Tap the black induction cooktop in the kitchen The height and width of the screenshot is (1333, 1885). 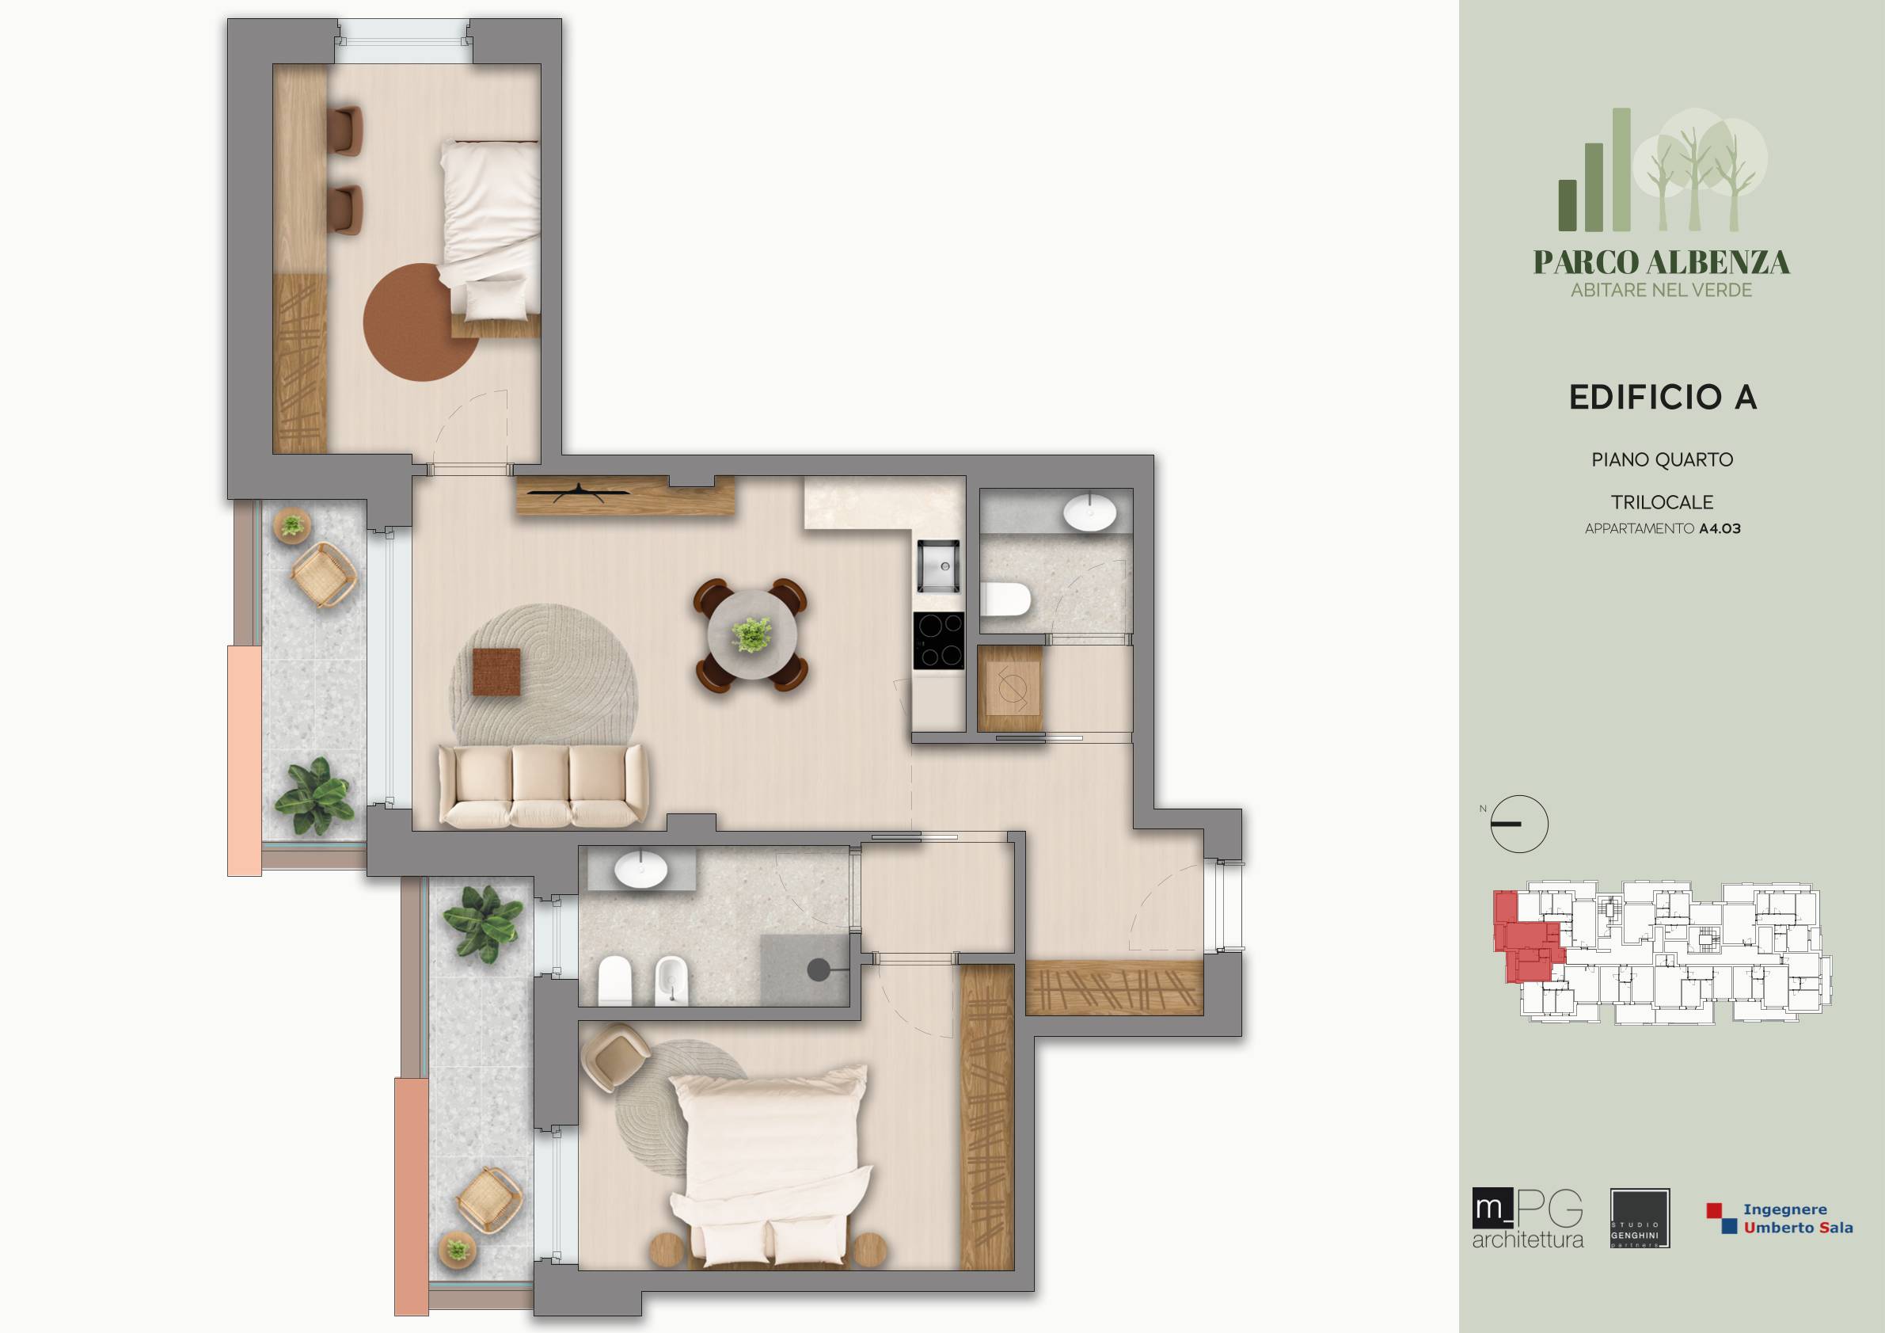pyautogui.click(x=939, y=641)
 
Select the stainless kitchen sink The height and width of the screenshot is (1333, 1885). pyautogui.click(x=938, y=565)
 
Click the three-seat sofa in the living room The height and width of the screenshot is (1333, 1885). pyautogui.click(x=542, y=785)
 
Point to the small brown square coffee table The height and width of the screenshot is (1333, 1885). pyautogui.click(x=496, y=672)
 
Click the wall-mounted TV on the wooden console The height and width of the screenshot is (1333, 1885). pyautogui.click(x=580, y=492)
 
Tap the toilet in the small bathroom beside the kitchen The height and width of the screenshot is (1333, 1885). pyautogui.click(x=1005, y=600)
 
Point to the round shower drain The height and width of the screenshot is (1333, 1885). pyautogui.click(x=818, y=970)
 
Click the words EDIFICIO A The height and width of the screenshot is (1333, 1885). pyautogui.click(x=1663, y=398)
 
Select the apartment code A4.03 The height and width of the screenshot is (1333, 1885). pyautogui.click(x=1720, y=529)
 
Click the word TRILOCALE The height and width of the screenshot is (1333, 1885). pyautogui.click(x=1663, y=502)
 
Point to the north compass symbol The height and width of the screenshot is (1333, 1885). pyautogui.click(x=1518, y=824)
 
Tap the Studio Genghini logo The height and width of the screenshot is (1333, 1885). pyautogui.click(x=1640, y=1218)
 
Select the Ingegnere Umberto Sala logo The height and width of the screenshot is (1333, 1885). pyautogui.click(x=1780, y=1218)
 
